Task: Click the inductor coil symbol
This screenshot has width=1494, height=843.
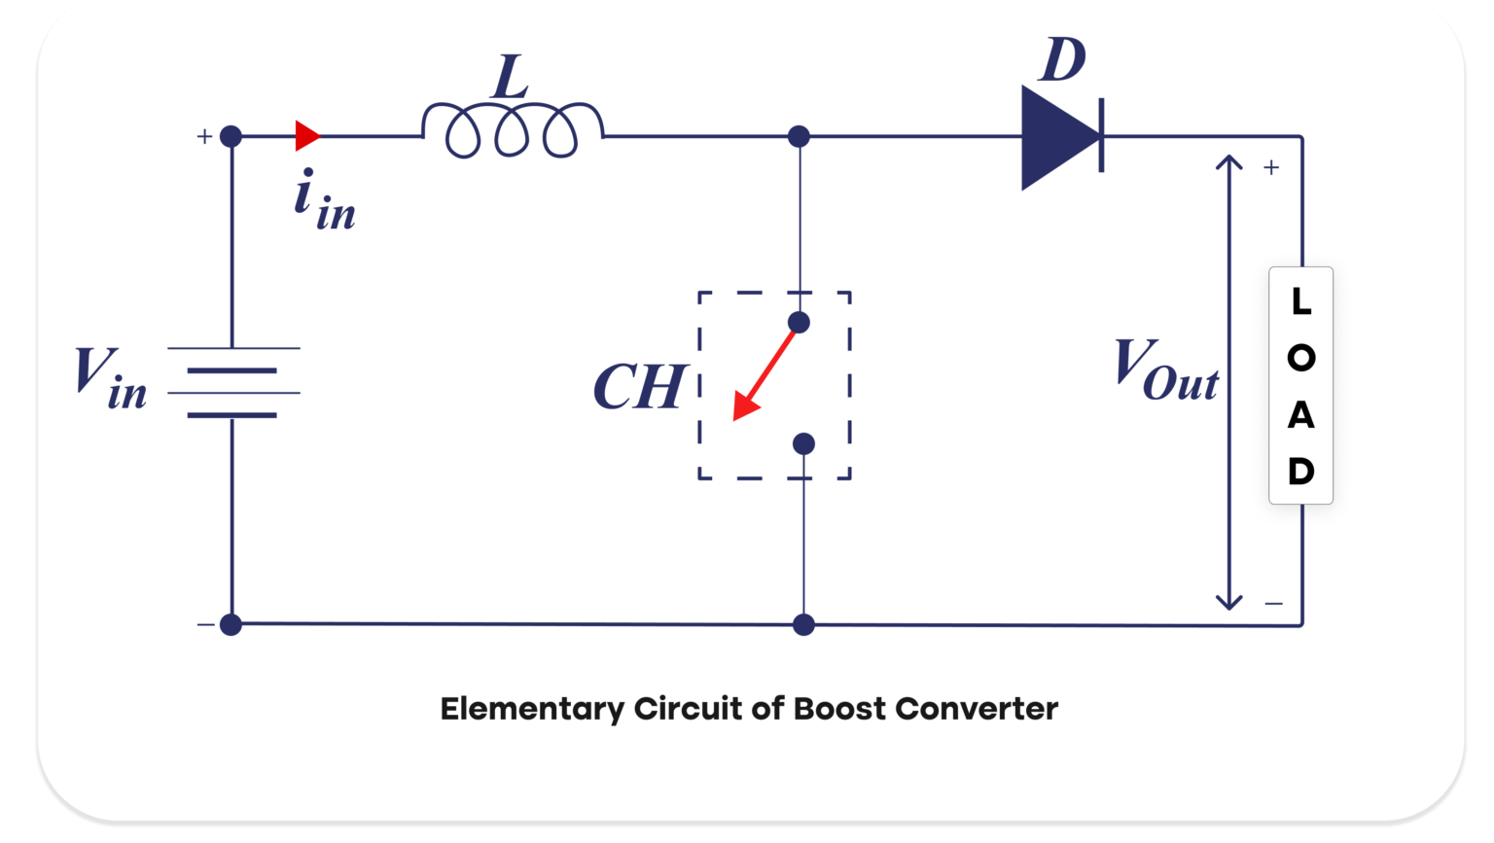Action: point(512,130)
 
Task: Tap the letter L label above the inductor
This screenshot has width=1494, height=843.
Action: point(510,77)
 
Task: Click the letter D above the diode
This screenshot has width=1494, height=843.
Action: point(1062,60)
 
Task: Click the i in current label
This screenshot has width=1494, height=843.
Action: point(324,200)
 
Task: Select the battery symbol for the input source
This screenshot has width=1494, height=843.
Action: point(232,382)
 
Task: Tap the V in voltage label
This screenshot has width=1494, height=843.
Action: point(110,378)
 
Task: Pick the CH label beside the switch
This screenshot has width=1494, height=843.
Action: point(640,387)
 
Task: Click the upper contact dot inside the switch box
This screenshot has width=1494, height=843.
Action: point(799,323)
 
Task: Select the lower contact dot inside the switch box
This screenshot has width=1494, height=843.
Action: point(803,444)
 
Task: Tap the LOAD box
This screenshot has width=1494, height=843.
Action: point(1300,385)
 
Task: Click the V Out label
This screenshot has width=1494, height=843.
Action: point(1165,369)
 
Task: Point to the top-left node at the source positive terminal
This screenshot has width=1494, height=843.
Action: point(231,136)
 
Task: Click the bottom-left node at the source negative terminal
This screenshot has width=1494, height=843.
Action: point(231,625)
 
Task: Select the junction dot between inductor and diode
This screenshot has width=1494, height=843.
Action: point(799,136)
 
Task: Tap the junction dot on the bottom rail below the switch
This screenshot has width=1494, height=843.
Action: point(803,625)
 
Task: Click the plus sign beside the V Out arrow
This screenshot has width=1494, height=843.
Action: point(1271,168)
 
